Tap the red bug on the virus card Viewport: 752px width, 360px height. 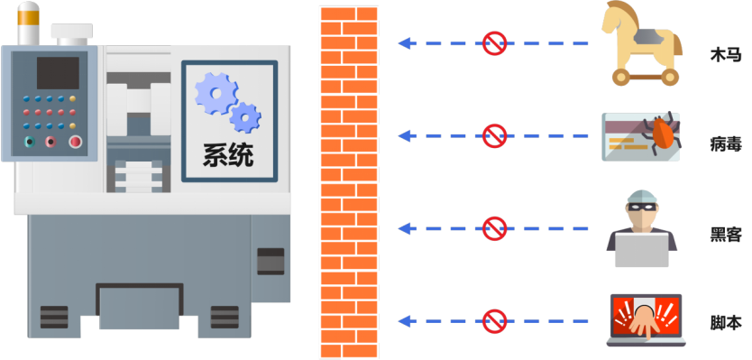click(663, 134)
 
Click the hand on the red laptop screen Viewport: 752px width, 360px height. click(644, 318)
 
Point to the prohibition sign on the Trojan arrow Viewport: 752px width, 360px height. click(494, 42)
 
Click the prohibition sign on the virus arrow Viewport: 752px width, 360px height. click(494, 136)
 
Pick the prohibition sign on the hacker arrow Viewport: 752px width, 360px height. click(494, 228)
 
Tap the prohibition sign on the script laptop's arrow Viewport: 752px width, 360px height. click(494, 320)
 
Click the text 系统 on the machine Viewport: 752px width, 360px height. click(228, 155)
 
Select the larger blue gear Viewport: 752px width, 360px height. click(215, 92)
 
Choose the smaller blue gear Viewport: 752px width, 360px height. click(245, 116)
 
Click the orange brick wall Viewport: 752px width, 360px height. click(348, 180)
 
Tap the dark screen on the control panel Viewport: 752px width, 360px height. click(58, 72)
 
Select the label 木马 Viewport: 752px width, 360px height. click(725, 55)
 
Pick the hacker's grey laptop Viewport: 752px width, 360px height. click(642, 249)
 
